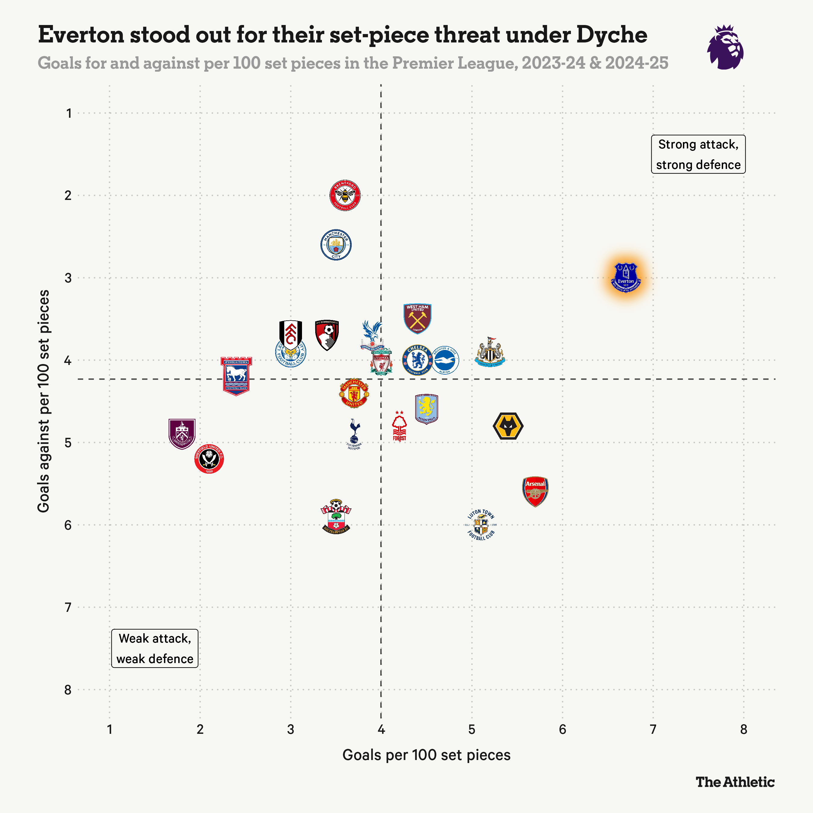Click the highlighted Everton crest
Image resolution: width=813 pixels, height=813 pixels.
coord(626,278)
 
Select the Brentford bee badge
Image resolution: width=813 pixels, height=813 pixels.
coord(345,195)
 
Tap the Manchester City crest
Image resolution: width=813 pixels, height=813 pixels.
coord(336,245)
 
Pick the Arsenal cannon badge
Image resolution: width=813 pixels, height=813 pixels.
coord(535,491)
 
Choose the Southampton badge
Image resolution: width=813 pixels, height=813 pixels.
coord(336,517)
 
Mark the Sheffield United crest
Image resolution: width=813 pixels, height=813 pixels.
coord(209,459)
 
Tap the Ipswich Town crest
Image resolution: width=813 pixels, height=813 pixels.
coord(236,376)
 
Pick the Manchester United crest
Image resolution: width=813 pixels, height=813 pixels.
coord(354,393)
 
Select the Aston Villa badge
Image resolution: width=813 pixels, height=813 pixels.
coord(427,409)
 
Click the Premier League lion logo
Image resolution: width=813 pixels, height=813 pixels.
coord(725,47)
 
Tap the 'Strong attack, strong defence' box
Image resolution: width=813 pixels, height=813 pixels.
coord(698,154)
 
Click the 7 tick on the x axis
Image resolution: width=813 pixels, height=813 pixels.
coord(653,730)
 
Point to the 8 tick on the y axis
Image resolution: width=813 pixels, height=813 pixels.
coord(68,690)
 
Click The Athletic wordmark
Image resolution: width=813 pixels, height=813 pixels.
coord(735,782)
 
